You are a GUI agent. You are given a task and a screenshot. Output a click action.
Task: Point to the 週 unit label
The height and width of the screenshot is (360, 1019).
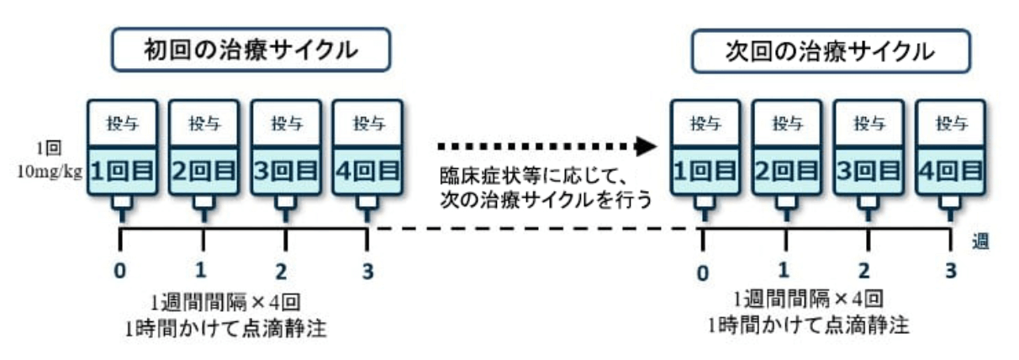pyautogui.click(x=979, y=241)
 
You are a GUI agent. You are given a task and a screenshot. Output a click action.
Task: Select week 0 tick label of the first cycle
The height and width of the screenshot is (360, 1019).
pyautogui.click(x=122, y=270)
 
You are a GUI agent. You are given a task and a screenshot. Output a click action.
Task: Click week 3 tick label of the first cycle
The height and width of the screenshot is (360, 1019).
pyautogui.click(x=367, y=270)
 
